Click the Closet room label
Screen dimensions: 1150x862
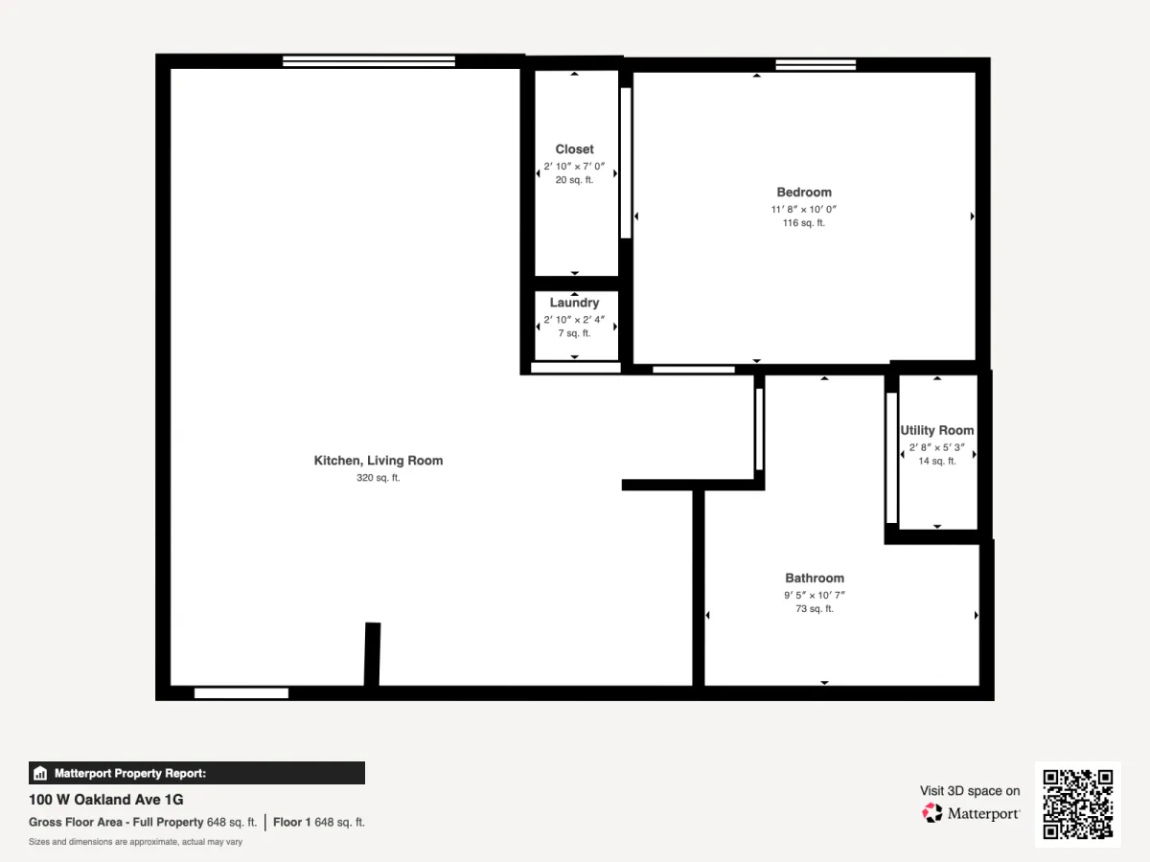coord(574,149)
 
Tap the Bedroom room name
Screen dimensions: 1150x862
coord(804,193)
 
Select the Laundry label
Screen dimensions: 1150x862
coord(574,303)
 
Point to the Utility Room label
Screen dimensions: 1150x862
coord(936,430)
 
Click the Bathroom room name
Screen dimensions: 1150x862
coord(815,578)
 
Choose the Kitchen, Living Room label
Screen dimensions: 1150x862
coord(379,461)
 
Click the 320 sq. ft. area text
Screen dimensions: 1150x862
coord(379,477)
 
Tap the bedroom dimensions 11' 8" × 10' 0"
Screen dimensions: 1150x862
coord(804,210)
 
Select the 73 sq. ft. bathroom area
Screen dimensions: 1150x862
coord(815,609)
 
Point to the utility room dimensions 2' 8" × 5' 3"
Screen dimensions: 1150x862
coord(936,447)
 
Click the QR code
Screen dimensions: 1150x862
coord(1078,804)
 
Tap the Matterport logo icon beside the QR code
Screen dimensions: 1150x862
coord(932,813)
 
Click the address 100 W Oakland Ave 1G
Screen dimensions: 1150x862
coord(105,800)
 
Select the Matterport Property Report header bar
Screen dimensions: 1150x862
coord(197,773)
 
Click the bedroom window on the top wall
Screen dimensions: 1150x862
coord(816,64)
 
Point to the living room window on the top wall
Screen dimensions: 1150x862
coord(369,60)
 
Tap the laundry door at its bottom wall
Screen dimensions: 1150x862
coord(576,368)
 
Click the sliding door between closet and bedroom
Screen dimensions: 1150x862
coord(626,163)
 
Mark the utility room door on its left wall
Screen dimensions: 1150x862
coord(891,458)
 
